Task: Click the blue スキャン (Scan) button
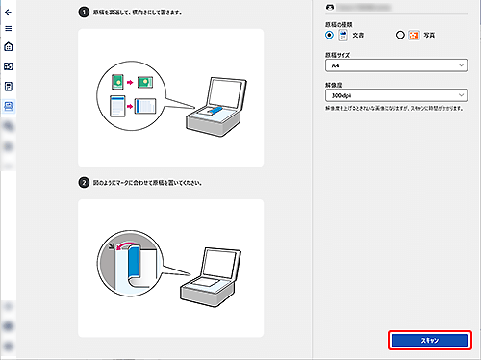click(x=429, y=341)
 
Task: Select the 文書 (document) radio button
click(x=331, y=35)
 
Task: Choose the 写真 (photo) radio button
click(x=400, y=35)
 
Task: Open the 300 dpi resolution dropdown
click(x=396, y=96)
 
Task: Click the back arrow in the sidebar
click(x=9, y=13)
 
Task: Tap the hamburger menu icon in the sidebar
click(x=9, y=29)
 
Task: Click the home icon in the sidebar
click(x=9, y=47)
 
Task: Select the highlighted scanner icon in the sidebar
click(x=9, y=105)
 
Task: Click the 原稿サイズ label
click(x=339, y=56)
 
